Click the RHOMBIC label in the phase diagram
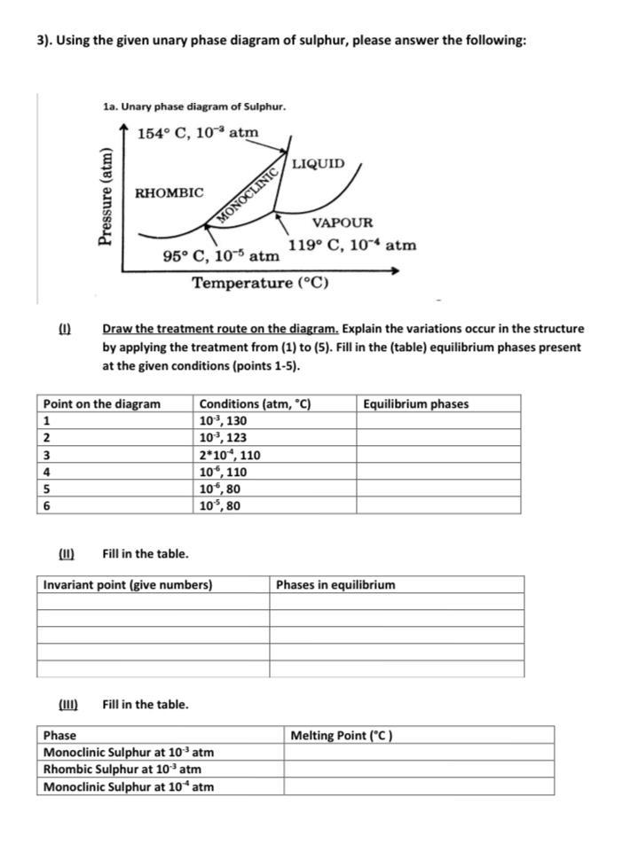(169, 192)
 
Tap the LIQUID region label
(319, 164)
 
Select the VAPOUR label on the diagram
(342, 223)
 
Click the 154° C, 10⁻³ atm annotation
(198, 133)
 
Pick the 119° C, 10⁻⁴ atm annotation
(351, 245)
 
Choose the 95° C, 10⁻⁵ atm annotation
(222, 257)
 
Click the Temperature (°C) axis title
(261, 283)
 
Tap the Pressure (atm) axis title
(106, 196)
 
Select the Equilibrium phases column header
(415, 404)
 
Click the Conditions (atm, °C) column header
(254, 404)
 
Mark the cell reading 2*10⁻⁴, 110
(229, 455)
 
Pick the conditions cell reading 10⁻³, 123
(222, 438)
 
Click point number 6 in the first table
(47, 506)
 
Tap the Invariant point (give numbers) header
(128, 585)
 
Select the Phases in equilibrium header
(335, 585)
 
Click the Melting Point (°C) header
(341, 735)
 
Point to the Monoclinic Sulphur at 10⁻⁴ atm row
(129, 786)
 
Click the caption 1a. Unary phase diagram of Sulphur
(194, 107)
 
